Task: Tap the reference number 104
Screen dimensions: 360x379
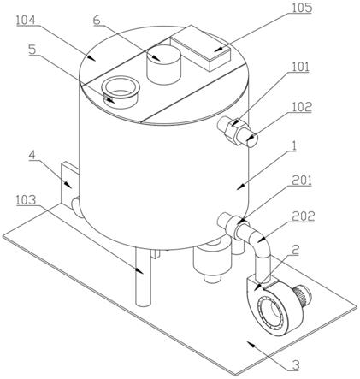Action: (26, 20)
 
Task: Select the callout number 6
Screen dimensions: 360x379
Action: (97, 20)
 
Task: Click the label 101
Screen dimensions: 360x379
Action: (300, 67)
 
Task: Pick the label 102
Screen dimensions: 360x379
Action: (302, 107)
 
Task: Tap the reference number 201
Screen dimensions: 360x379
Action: (302, 181)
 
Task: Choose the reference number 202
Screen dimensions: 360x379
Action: (304, 216)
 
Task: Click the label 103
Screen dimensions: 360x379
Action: (26, 200)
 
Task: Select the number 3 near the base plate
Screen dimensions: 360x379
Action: (296, 365)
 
